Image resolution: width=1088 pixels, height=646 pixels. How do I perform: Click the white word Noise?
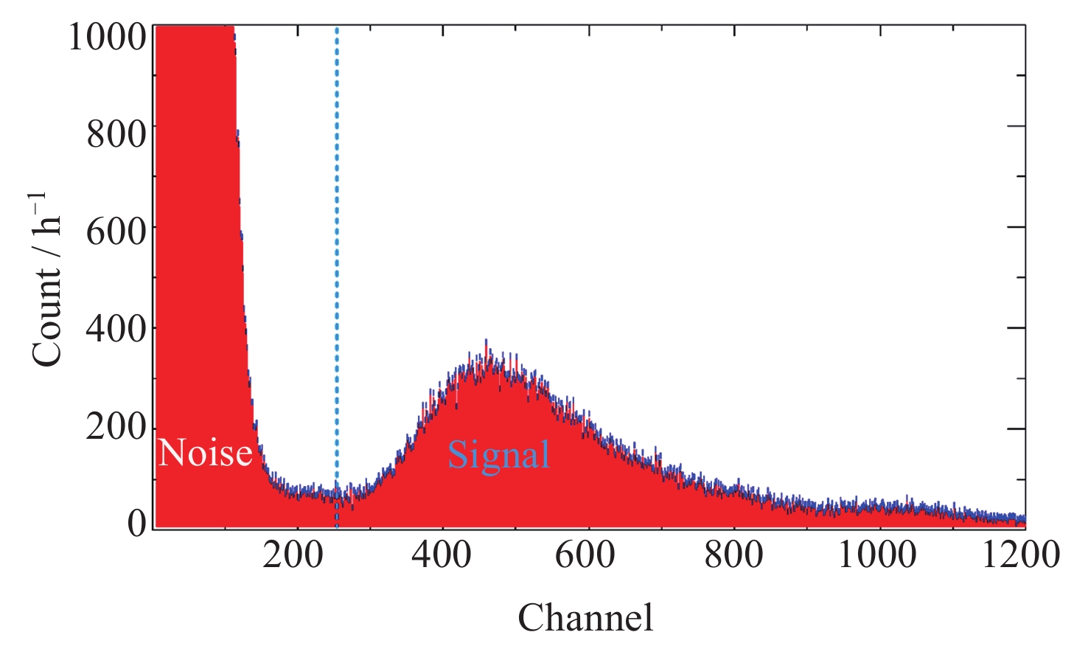pos(206,453)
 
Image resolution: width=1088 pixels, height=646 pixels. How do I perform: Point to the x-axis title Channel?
pos(585,617)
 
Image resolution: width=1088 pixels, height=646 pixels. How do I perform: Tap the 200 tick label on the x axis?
pos(293,555)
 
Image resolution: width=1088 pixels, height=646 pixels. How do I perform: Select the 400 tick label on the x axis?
pos(441,555)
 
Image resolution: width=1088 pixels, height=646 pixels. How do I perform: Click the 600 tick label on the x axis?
pos(585,555)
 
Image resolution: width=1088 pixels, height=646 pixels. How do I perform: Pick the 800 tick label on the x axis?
pos(733,555)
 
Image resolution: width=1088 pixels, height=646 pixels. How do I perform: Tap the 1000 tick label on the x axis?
pos(877,555)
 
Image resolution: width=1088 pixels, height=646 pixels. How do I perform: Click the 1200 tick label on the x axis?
pos(1021,555)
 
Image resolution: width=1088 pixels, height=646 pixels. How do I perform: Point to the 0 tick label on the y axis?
pos(137,524)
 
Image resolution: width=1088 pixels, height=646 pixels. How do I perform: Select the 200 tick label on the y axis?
pos(116,427)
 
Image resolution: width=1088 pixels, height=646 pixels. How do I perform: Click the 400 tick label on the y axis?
pos(116,328)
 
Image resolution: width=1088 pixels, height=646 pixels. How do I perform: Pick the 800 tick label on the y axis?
pos(116,134)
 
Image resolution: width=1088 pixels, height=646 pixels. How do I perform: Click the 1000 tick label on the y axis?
pos(108,37)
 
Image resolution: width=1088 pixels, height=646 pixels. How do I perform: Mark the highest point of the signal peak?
pos(486,341)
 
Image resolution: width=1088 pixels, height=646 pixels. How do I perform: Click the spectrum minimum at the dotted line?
pos(337,496)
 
